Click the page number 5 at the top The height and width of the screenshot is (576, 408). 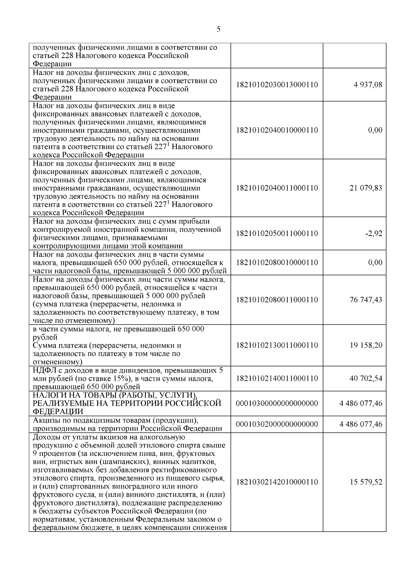218,29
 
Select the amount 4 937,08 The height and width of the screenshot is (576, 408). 368,85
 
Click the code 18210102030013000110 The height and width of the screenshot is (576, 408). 277,85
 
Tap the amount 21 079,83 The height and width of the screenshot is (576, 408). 365,188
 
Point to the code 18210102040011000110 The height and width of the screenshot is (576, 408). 277,188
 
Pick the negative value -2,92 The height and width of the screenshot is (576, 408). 374,234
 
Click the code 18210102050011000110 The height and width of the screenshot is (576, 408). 277,234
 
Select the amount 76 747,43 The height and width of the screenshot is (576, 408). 365,300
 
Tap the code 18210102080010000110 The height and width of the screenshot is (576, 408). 277,262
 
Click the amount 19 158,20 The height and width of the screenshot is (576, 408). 365,345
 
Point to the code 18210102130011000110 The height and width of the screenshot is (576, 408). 277,345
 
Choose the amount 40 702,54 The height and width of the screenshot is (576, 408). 365,378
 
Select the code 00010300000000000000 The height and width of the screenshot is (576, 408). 277,403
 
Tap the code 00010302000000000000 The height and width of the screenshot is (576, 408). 277,424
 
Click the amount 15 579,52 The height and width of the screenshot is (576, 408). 365,482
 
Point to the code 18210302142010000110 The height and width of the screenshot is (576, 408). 277,482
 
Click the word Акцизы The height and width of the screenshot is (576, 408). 46,421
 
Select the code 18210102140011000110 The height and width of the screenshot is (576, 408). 277,378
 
